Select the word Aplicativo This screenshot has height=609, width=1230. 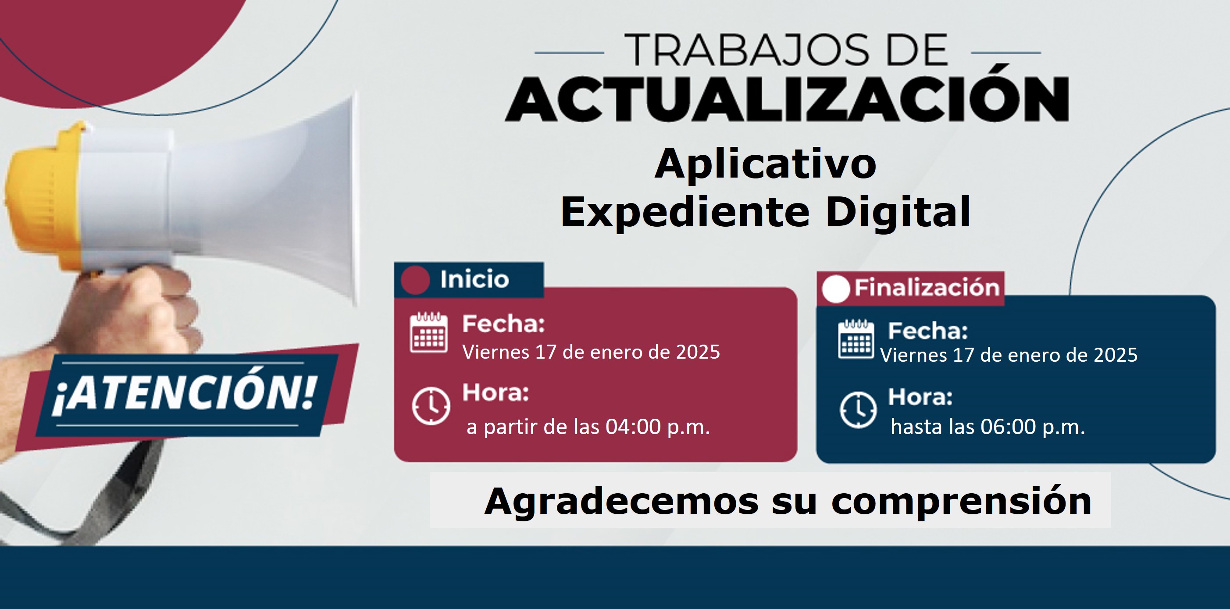pyautogui.click(x=766, y=164)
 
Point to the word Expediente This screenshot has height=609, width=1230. pyautogui.click(x=685, y=213)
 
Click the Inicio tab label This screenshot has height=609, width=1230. pyautogui.click(x=474, y=279)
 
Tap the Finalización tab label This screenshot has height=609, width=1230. pyautogui.click(x=927, y=287)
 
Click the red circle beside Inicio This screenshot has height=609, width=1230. pyautogui.click(x=415, y=280)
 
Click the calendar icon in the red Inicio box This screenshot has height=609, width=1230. pyautogui.click(x=429, y=332)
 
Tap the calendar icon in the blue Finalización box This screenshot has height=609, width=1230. pyautogui.click(x=856, y=339)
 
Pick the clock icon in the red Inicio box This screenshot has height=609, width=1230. pyautogui.click(x=431, y=406)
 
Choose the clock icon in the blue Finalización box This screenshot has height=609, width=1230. pyautogui.click(x=858, y=410)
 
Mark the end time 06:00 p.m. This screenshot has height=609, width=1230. pyautogui.click(x=1032, y=427)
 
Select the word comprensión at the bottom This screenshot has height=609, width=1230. pyautogui.click(x=961, y=502)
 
